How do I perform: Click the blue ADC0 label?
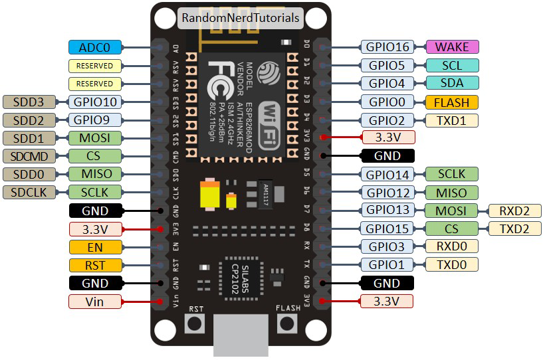click(x=95, y=47)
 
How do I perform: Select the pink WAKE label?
click(x=451, y=47)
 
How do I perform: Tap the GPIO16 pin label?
click(x=387, y=47)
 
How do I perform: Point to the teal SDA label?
click(x=451, y=84)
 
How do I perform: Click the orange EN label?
click(x=95, y=247)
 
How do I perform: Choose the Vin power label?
click(x=95, y=302)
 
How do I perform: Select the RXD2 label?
click(x=515, y=211)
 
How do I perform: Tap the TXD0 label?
click(x=451, y=265)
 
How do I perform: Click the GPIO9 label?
click(x=95, y=120)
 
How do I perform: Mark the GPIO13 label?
click(x=387, y=211)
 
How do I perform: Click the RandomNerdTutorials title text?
click(x=240, y=18)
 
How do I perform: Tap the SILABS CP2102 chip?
click(x=241, y=273)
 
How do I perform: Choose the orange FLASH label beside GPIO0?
click(x=451, y=102)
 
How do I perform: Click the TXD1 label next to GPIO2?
click(x=451, y=120)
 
